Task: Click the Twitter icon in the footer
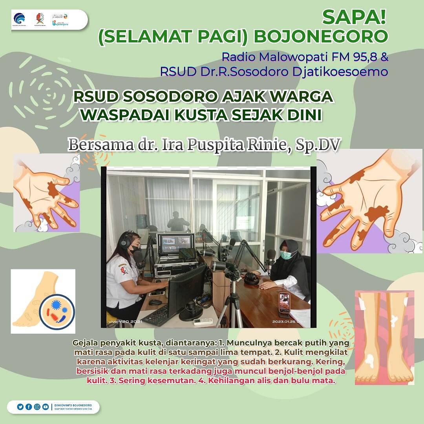20,407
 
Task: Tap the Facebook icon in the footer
28,407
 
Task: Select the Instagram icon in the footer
37,407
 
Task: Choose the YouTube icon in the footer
46,407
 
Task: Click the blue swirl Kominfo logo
19,18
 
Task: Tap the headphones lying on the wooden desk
251,278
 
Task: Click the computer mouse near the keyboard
155,302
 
